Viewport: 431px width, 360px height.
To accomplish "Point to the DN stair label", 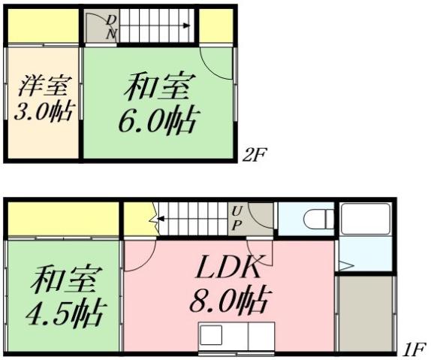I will pyautogui.click(x=111, y=27).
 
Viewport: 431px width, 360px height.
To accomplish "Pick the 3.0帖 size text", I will pyautogui.click(x=43, y=112).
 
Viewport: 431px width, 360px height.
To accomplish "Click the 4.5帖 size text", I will pyautogui.click(x=63, y=310).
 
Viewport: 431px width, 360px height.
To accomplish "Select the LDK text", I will pyautogui.click(x=230, y=267).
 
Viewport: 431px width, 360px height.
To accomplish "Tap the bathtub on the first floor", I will pyautogui.click(x=364, y=219).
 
